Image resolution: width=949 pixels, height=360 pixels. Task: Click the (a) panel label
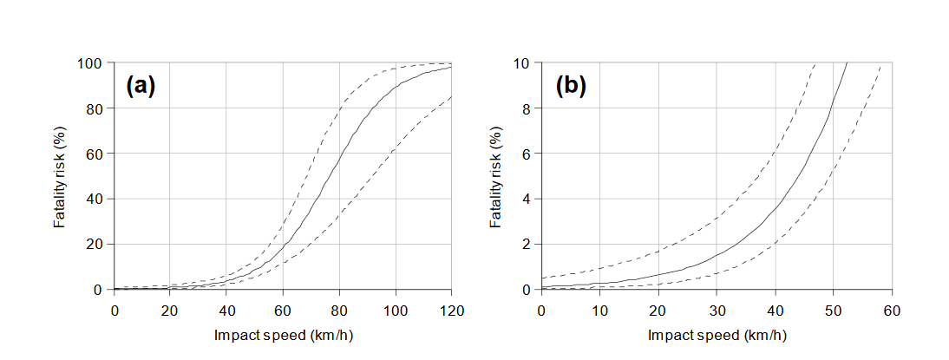coord(141,86)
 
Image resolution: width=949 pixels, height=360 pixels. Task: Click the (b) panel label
coord(572,86)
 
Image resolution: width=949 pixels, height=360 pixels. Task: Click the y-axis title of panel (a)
coord(61,176)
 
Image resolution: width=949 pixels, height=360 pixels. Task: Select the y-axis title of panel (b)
coord(496,176)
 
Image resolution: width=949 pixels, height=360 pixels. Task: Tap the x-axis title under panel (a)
coord(283,334)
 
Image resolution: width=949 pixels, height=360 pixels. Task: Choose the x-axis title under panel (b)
coord(717,334)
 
